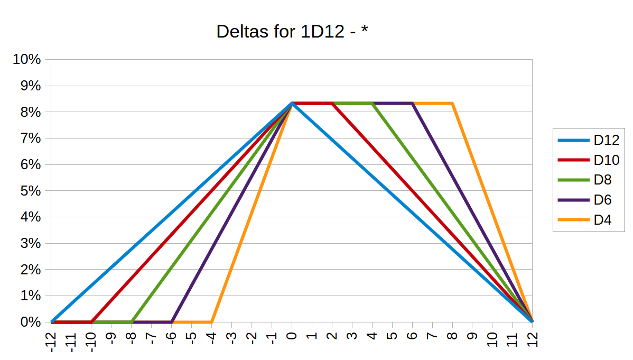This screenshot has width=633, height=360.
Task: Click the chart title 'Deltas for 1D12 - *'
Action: pos(292,32)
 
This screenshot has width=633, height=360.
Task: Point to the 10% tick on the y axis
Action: pos(27,59)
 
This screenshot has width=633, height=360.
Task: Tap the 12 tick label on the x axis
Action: pos(532,340)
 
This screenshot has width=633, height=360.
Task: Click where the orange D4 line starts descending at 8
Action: pos(452,103)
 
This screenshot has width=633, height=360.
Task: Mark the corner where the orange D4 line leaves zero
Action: pos(211,321)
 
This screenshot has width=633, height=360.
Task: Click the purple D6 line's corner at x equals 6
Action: pos(412,103)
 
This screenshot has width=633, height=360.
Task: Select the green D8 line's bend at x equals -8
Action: pos(132,321)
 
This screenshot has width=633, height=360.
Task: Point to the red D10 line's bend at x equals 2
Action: pos(332,103)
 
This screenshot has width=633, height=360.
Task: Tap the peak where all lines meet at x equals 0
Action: pos(292,103)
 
